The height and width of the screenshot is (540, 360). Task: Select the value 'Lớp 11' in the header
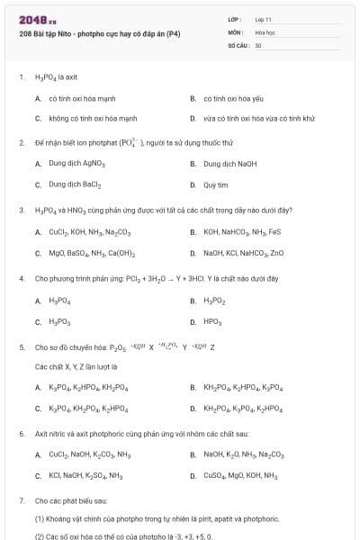(x=264, y=18)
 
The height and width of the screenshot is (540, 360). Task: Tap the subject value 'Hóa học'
(x=264, y=31)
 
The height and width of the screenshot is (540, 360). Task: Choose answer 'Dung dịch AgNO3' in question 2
(x=77, y=164)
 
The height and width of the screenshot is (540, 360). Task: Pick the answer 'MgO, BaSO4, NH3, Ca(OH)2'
(x=92, y=253)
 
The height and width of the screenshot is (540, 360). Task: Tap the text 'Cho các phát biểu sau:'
(x=71, y=499)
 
